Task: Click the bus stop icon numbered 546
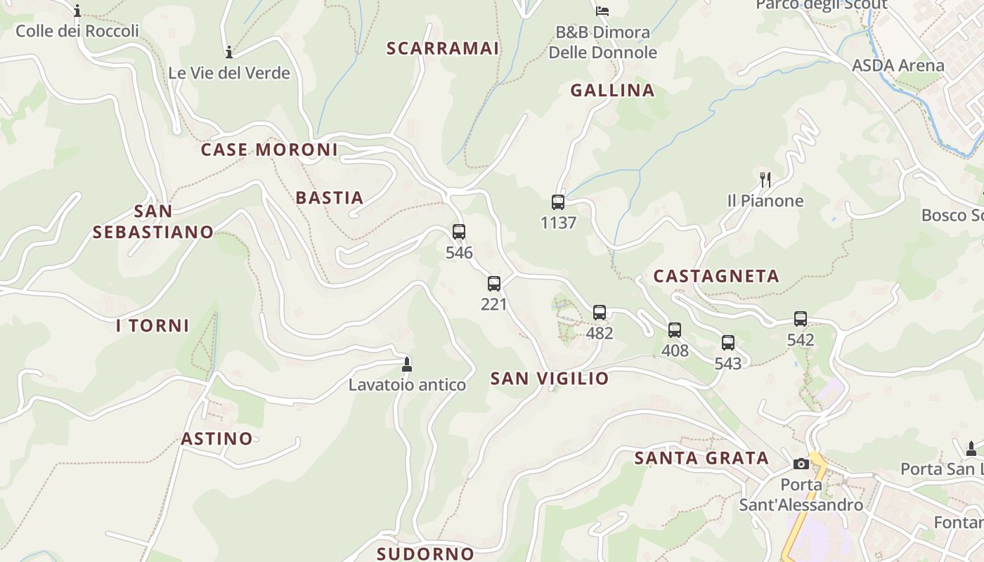tap(459, 231)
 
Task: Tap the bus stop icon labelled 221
tap(494, 284)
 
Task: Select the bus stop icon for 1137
tap(558, 202)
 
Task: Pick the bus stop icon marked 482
tap(600, 313)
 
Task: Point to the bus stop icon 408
tap(675, 329)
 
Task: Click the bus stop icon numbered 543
tap(728, 343)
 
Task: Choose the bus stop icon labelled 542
tap(801, 319)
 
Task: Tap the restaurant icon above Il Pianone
tap(765, 180)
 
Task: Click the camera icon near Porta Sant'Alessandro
tap(801, 464)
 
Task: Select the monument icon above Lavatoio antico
tap(406, 364)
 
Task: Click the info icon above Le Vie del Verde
tap(228, 52)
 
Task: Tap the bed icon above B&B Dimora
tap(602, 11)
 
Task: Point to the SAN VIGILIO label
tap(550, 379)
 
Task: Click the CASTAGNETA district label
tap(716, 276)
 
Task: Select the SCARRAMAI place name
tap(443, 48)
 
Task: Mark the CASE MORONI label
tap(269, 150)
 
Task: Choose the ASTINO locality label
tap(216, 439)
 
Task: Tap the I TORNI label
tap(153, 325)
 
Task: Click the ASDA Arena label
tap(898, 65)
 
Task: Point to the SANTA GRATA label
tap(701, 459)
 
